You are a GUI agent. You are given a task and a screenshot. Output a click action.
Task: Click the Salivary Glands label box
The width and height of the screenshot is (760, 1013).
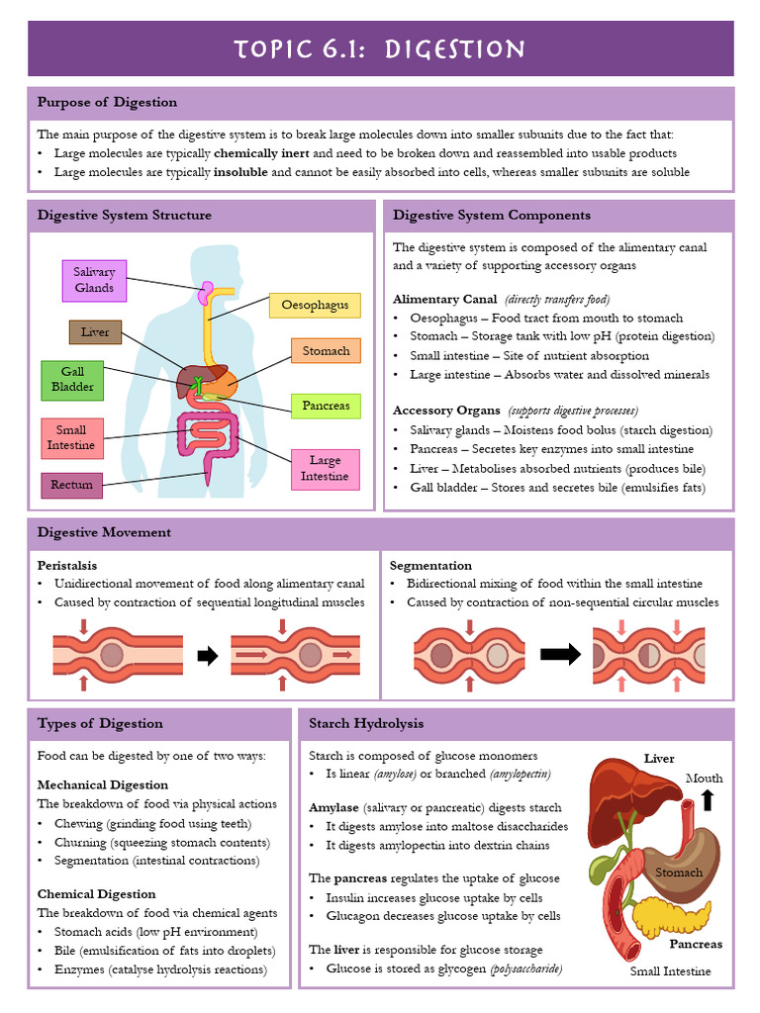94,280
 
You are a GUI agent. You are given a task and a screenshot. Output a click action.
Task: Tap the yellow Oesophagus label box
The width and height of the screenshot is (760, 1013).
315,305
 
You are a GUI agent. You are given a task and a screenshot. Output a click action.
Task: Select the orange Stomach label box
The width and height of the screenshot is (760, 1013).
326,351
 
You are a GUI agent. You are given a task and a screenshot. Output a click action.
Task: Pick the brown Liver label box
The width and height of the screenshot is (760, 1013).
95,332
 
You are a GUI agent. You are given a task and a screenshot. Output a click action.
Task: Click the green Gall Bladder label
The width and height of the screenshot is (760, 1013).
72,380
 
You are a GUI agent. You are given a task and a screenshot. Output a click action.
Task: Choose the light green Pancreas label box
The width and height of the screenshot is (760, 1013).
326,406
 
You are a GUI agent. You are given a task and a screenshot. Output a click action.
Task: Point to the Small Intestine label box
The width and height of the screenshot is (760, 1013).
71,438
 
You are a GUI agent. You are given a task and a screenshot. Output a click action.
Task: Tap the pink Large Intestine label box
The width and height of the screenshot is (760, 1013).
325,469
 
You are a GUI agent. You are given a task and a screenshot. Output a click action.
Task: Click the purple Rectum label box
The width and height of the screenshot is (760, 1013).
71,485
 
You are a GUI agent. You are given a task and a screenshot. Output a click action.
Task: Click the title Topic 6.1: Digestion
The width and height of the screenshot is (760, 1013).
380,49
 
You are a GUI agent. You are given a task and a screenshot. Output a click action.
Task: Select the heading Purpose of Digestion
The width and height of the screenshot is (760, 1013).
108,103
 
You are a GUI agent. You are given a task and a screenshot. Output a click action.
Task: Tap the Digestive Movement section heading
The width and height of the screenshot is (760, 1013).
104,532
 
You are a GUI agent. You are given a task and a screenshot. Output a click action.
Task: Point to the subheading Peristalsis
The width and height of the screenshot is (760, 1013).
67,565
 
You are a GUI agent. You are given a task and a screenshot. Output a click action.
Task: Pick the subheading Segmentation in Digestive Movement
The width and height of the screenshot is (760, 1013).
430,565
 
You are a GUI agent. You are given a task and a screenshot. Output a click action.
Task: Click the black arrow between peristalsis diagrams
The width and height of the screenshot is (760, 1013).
208,656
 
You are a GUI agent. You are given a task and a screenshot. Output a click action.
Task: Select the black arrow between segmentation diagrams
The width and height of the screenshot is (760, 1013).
561,655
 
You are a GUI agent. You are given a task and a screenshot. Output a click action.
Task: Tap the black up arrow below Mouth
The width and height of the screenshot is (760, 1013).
707,799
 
